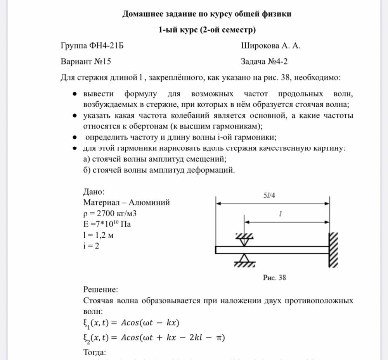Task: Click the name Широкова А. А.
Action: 271,46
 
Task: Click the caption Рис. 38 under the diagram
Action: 274,277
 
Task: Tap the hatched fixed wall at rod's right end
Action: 333,250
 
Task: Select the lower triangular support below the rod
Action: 244,259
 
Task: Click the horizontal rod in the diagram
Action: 272,250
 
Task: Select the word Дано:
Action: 94,191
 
